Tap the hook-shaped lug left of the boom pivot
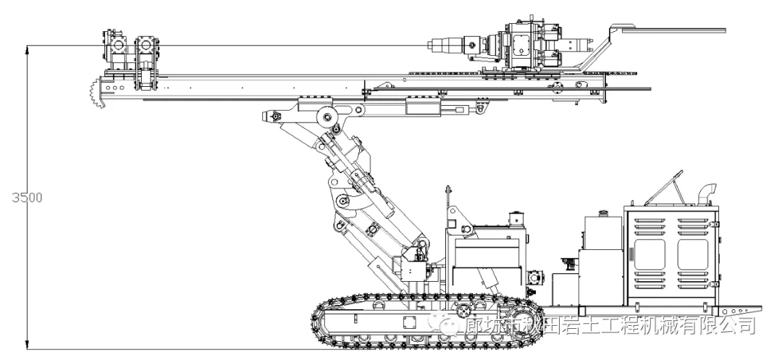[274, 116]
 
